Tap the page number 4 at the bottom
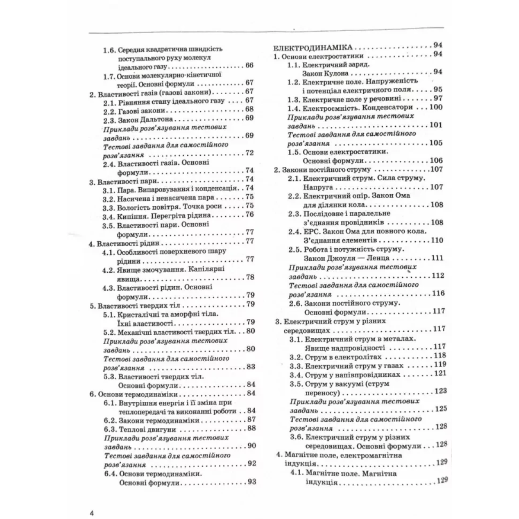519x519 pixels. click(x=91, y=501)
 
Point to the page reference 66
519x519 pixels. click(x=249, y=66)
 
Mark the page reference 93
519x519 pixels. click(x=251, y=482)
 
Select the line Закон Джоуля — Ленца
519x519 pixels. click(x=344, y=258)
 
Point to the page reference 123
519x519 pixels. click(x=440, y=391)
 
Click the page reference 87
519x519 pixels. click(x=251, y=420)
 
